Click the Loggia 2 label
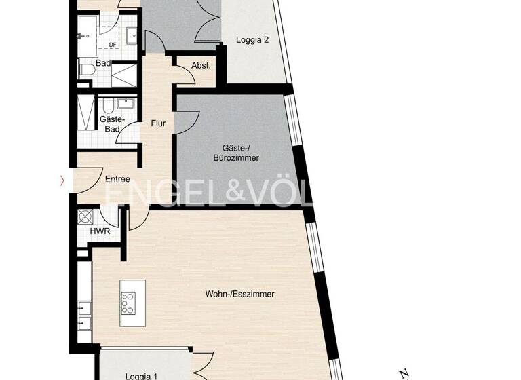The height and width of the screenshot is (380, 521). pos(252,40)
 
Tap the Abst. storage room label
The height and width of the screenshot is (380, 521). pos(200,66)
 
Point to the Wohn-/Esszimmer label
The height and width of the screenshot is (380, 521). pos(239,294)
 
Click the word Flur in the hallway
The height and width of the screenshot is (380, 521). pos(158,124)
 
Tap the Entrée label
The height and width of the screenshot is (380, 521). pos(117,179)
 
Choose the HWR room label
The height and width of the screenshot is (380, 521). pos(99,231)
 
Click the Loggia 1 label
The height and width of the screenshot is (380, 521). pos(142,375)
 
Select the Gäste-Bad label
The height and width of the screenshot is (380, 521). pos(110,123)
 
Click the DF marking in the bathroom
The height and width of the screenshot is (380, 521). pos(113,45)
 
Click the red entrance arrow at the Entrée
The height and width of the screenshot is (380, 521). pos(63,180)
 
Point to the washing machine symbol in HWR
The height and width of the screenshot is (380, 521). pos(86,217)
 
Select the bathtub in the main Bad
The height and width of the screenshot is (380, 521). pos(89,34)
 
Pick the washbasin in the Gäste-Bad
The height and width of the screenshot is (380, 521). pos(127,103)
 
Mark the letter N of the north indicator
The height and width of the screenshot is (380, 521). pos(404,373)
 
